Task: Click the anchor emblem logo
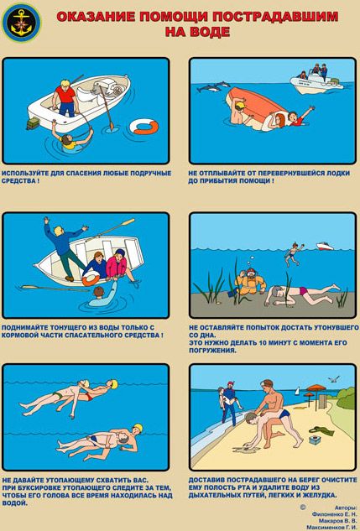(21, 23)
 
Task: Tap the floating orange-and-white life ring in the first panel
(145, 127)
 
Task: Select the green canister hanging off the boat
(34, 123)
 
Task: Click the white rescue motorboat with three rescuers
(316, 81)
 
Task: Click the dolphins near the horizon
(212, 86)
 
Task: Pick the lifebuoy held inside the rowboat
(91, 279)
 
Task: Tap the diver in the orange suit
(249, 281)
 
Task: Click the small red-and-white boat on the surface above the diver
(325, 246)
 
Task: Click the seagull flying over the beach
(334, 379)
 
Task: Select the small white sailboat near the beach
(297, 391)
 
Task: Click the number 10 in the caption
(263, 343)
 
